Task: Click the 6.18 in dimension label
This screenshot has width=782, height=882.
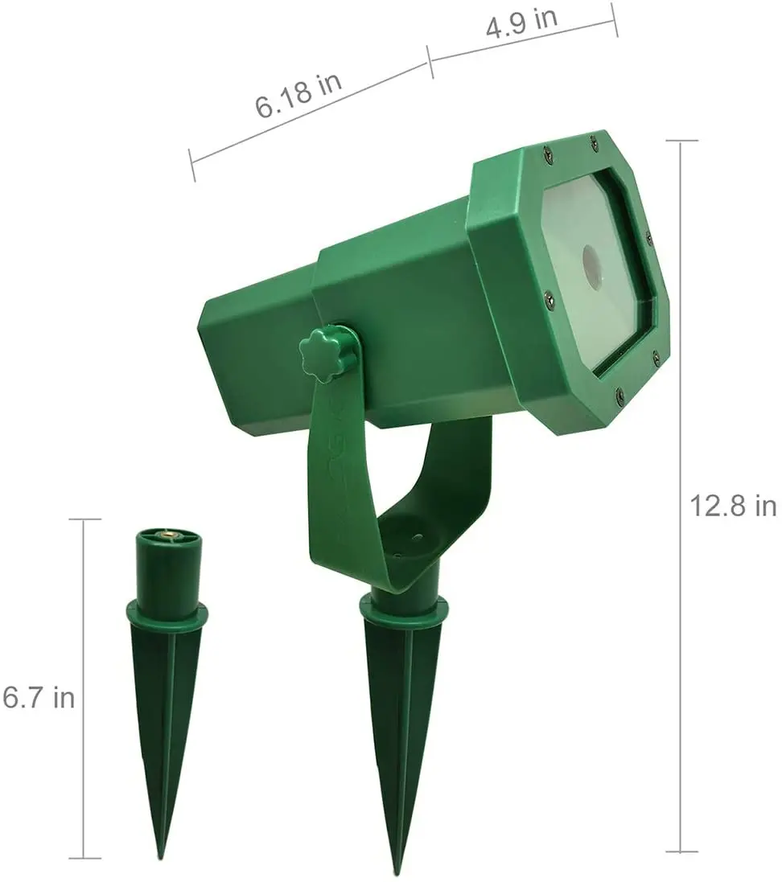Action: [x=298, y=96]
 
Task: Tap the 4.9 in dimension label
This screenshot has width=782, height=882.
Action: [x=521, y=22]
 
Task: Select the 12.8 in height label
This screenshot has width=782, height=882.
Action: [x=733, y=506]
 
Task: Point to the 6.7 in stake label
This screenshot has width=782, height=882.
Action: [x=39, y=698]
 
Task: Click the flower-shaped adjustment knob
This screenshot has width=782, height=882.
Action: [x=322, y=355]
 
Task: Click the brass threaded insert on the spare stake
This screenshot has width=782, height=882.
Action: [x=167, y=531]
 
